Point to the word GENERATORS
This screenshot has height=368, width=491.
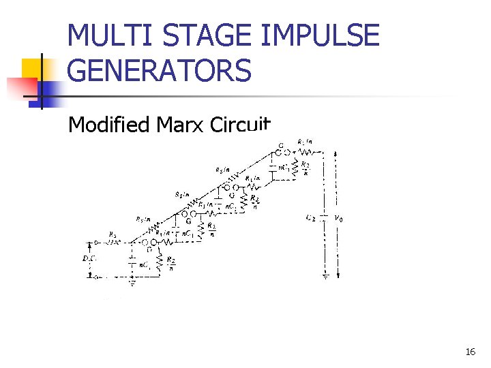[x=160, y=70]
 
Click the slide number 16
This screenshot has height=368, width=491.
[x=470, y=352]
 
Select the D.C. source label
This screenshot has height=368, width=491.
[x=89, y=259]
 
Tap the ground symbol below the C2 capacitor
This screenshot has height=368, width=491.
[x=326, y=276]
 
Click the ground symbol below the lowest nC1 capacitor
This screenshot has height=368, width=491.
[x=132, y=278]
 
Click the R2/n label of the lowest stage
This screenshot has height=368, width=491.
[x=171, y=263]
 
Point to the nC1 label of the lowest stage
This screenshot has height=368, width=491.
[x=145, y=264]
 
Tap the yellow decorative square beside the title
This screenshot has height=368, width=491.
[x=32, y=69]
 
